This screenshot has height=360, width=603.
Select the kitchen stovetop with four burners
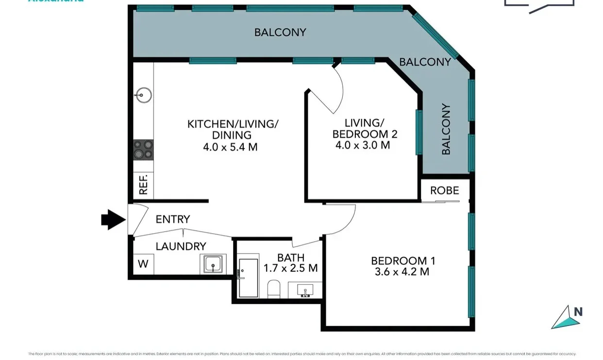pyautogui.click(x=143, y=149)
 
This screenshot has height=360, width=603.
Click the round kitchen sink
pyautogui.click(x=143, y=95)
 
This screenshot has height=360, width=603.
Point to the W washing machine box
pyautogui.click(x=143, y=264)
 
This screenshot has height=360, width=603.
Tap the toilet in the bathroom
pyautogui.click(x=274, y=289)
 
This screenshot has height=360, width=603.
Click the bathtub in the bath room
pyautogui.click(x=248, y=278)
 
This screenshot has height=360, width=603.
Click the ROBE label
pyautogui.click(x=444, y=190)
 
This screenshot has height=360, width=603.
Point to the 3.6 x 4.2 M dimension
pyautogui.click(x=402, y=272)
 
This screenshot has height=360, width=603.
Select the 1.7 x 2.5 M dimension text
pyautogui.click(x=290, y=268)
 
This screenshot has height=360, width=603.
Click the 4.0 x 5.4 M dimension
pyautogui.click(x=230, y=146)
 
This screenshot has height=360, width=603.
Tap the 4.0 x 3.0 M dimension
pyautogui.click(x=362, y=145)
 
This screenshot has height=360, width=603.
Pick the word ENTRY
pyautogui.click(x=172, y=220)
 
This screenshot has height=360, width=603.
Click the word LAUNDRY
pyautogui.click(x=181, y=246)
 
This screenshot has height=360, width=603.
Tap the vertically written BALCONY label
pyautogui.click(x=446, y=129)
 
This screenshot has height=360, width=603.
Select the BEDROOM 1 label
pyautogui.click(x=402, y=261)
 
